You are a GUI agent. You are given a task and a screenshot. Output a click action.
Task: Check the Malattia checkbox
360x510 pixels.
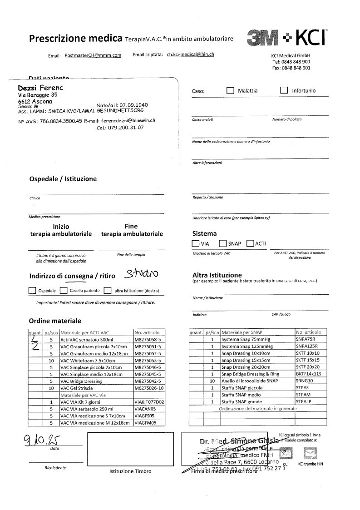(x=230, y=90)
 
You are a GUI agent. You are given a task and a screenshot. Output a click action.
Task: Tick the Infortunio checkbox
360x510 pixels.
(x=284, y=90)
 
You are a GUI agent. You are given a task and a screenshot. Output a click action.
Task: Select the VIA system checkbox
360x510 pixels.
(x=196, y=243)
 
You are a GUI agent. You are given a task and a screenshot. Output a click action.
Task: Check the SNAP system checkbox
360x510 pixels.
(x=223, y=243)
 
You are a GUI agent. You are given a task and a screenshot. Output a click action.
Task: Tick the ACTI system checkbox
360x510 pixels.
(x=250, y=243)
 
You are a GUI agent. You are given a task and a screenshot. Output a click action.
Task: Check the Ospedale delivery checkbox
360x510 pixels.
(x=32, y=290)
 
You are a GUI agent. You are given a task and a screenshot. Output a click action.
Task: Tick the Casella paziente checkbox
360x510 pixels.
(x=64, y=290)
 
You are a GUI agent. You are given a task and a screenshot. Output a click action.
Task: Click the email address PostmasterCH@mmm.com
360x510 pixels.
(x=93, y=55)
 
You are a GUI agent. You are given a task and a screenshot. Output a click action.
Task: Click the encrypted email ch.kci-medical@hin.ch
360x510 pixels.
(x=191, y=54)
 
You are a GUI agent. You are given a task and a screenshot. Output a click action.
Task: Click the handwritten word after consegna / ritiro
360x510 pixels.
(x=142, y=274)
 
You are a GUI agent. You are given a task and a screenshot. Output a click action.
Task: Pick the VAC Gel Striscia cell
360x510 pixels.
(x=79, y=388)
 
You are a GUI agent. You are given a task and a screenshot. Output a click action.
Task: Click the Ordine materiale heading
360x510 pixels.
(x=55, y=320)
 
